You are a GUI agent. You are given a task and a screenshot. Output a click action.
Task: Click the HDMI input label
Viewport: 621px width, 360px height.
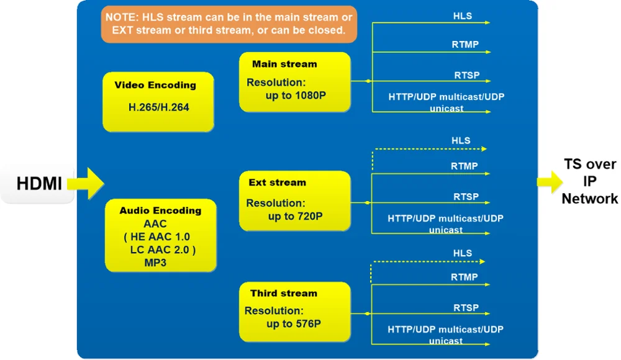tap(39, 184)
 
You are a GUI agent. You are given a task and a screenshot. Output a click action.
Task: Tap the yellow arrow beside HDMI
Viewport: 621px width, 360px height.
tap(86, 183)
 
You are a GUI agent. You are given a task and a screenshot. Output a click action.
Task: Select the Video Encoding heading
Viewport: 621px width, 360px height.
tap(155, 85)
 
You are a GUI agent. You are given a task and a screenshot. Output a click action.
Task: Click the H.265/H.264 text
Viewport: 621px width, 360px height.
tap(159, 107)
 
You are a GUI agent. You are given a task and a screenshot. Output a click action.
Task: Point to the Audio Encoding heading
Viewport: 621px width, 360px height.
tap(160, 210)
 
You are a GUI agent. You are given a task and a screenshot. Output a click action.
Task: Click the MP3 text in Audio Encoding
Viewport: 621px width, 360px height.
tap(155, 263)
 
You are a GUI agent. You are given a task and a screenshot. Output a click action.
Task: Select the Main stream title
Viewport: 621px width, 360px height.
tap(284, 64)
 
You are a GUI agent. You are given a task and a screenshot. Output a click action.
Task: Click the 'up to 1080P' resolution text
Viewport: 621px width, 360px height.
tap(296, 96)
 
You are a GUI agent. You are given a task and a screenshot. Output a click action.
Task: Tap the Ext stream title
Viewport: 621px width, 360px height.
tap(277, 182)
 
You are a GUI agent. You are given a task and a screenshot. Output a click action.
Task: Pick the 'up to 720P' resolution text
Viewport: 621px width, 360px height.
tap(295, 216)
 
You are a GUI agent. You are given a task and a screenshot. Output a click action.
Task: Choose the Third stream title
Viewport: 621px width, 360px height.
tap(284, 294)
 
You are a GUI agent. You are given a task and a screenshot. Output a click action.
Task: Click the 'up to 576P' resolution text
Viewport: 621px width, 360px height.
tap(294, 324)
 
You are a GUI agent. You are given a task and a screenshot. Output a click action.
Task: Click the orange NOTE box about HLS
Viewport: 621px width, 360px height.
tap(229, 24)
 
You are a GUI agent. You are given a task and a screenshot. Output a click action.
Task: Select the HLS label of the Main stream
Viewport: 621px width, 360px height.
tap(463, 16)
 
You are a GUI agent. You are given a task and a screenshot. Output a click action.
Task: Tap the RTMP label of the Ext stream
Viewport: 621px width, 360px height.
tap(464, 166)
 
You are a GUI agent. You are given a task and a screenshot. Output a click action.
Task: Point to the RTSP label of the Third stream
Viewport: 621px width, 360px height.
tap(466, 308)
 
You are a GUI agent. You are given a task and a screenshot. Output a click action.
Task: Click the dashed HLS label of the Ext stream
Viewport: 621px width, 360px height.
tap(461, 141)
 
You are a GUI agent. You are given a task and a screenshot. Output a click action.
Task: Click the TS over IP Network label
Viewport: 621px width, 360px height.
tap(590, 181)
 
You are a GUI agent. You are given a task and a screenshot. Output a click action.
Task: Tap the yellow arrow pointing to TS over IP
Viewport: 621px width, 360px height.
tap(550, 182)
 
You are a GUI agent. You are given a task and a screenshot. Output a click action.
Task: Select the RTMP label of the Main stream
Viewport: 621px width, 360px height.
tap(465, 44)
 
